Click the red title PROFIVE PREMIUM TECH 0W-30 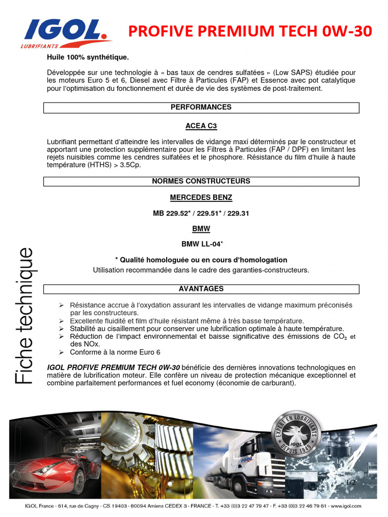pyautogui.click(x=250, y=32)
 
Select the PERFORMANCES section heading pyautogui.click(x=201, y=107)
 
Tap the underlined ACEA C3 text pyautogui.click(x=201, y=126)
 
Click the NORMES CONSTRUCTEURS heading pyautogui.click(x=201, y=181)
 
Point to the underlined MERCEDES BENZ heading pyautogui.click(x=201, y=197)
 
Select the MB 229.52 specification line pyautogui.click(x=201, y=214)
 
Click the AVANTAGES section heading pyautogui.click(x=201, y=289)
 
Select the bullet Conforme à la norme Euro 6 pyautogui.click(x=115, y=352)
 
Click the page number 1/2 pyautogui.click(x=351, y=483)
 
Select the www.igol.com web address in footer pyautogui.click(x=348, y=506)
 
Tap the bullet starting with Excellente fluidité pyautogui.click(x=187, y=321)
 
